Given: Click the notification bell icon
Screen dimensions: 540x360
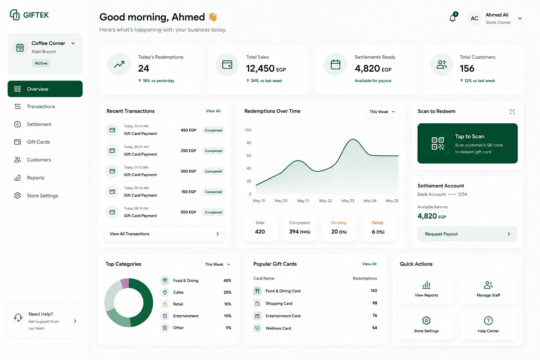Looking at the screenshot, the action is coord(452,18).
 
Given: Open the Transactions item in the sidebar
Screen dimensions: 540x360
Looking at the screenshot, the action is coord(41,106).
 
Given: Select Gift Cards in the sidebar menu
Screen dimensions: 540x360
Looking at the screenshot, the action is coord(38,142).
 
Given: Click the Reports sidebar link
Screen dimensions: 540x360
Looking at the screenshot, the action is coord(36,178).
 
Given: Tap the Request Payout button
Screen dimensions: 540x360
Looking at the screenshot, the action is coord(467,234).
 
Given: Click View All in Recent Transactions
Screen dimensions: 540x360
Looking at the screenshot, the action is coord(213,111).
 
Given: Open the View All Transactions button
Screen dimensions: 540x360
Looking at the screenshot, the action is coord(165,234).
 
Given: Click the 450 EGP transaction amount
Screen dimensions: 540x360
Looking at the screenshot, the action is coord(188,130).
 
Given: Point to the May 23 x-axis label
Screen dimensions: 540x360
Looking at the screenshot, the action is coord(348,201).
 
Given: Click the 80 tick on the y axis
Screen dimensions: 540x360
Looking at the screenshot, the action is coord(249,142).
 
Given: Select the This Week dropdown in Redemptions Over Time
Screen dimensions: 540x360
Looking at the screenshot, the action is coord(382,112).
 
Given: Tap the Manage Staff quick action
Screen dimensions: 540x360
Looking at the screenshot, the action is coord(488,288).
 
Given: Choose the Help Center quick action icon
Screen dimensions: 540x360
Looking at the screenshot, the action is coord(488,321).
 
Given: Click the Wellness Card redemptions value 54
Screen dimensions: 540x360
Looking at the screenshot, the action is coord(374,328).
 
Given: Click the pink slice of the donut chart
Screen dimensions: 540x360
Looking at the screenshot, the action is coord(125,283).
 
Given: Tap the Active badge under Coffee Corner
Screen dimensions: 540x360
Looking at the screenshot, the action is coord(41,63).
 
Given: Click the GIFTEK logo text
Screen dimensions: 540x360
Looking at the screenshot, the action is coord(36,15).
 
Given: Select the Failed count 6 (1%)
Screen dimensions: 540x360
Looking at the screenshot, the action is coord(378,232).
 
